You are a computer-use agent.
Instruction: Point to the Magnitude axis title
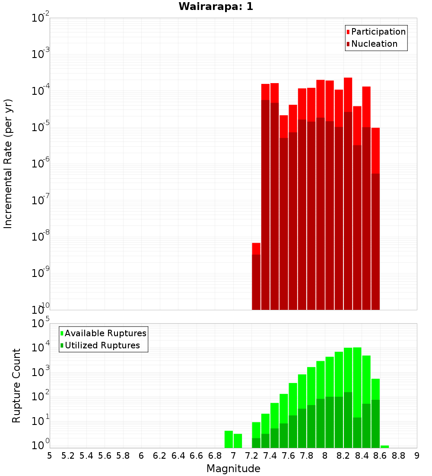pyautogui.click(x=233, y=469)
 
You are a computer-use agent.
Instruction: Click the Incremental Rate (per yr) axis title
pyautogui.click(x=8, y=164)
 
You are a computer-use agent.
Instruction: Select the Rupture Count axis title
pyautogui.click(x=16, y=386)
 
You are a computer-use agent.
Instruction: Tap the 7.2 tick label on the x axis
pyautogui.click(x=251, y=456)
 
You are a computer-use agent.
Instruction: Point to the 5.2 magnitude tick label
pyautogui.click(x=68, y=456)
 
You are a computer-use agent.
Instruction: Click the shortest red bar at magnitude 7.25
pyautogui.click(x=256, y=277)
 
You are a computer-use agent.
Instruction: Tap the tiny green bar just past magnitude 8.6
pyautogui.click(x=384, y=447)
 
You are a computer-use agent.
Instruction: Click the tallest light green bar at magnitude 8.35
pyautogui.click(x=357, y=381)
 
